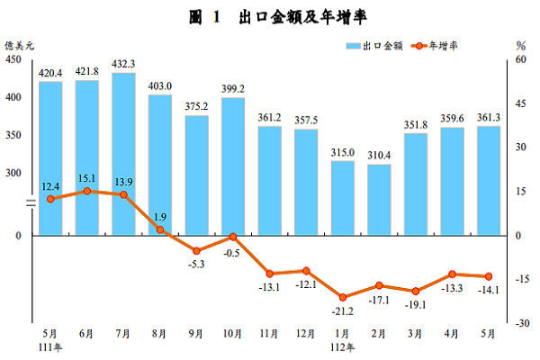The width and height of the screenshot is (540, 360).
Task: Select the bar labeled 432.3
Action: (123, 153)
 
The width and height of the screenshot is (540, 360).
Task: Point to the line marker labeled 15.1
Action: (86, 191)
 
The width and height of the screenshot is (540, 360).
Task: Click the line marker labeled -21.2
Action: (343, 297)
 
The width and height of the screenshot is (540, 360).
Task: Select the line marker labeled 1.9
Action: (160, 229)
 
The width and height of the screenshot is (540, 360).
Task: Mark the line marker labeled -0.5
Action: (233, 237)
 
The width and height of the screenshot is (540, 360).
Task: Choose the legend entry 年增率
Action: (442, 45)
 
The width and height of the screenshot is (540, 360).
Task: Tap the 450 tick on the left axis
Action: (13, 59)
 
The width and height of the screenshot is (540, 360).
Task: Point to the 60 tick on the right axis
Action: (520, 59)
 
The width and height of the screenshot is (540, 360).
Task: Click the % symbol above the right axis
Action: (520, 45)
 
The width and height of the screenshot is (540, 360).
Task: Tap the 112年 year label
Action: (344, 347)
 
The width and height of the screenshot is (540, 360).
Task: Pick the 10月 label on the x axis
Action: (233, 334)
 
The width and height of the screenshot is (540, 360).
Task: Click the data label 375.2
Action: (196, 105)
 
